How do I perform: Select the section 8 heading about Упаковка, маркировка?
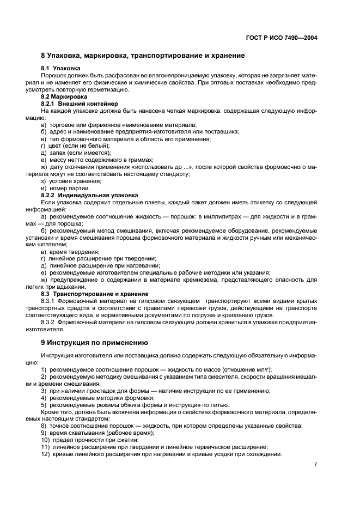[143, 56]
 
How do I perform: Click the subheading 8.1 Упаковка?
[61, 68]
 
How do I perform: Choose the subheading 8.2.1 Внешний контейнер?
[80, 103]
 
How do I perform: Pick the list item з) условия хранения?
[71, 181]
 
